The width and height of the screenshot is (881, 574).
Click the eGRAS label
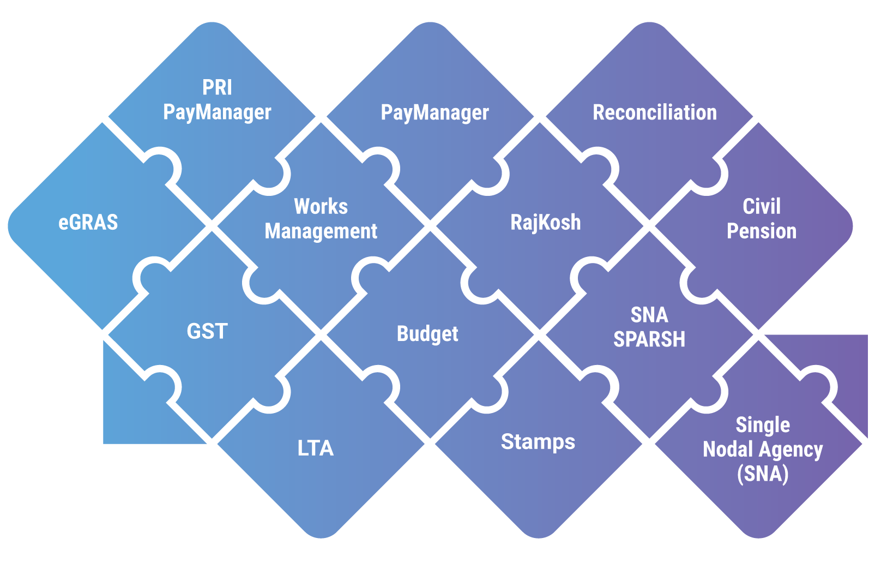(88, 223)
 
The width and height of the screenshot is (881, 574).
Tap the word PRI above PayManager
(217, 87)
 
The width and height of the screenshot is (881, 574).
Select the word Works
(321, 207)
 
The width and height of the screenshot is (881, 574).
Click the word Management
(321, 231)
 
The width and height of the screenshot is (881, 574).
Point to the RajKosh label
(545, 223)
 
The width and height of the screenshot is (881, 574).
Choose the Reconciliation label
(654, 112)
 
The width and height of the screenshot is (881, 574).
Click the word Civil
(761, 207)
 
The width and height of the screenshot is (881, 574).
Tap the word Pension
(761, 231)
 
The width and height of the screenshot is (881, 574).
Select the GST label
(207, 332)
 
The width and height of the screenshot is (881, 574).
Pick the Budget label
(427, 334)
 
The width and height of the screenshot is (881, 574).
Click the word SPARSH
(649, 339)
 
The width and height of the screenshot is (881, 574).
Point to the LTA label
(315, 449)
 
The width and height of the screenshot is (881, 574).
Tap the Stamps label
(538, 442)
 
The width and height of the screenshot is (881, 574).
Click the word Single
(762, 425)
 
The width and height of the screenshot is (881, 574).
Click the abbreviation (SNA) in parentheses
(762, 474)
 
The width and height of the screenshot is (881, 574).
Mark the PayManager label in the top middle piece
(435, 113)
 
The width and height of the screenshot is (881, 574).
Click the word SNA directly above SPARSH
(649, 315)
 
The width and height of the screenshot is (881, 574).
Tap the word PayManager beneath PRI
(217, 112)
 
